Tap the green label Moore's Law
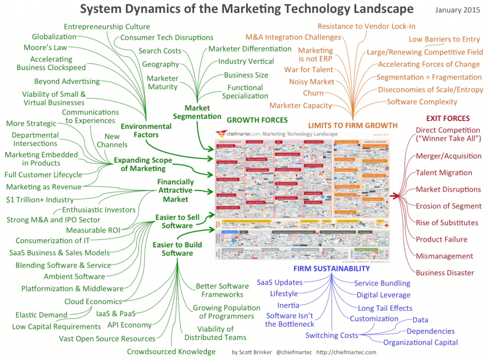(45, 47)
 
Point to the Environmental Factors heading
(146, 130)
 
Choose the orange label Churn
(313, 93)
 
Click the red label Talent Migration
(444, 173)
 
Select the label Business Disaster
(445, 273)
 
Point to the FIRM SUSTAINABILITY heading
(332, 268)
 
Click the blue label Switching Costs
(332, 335)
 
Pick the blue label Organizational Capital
(420, 342)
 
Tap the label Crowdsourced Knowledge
(171, 351)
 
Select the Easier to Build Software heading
(177, 249)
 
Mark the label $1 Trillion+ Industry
(40, 199)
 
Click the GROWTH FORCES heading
(257, 120)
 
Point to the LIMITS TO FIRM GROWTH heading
(353, 125)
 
